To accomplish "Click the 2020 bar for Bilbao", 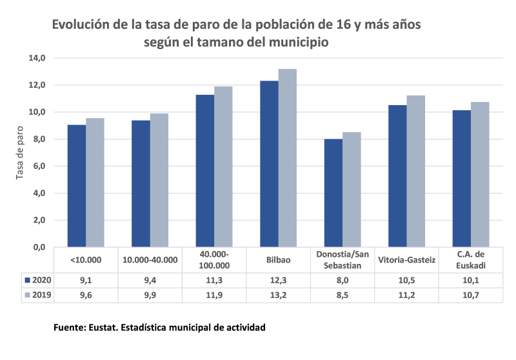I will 269,164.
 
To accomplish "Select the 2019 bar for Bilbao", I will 287,158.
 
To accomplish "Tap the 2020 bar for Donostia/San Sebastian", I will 333,193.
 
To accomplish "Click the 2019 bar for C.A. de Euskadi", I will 480,175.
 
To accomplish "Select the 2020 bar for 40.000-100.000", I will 205,171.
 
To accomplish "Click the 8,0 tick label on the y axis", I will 38,139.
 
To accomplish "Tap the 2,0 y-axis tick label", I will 38,220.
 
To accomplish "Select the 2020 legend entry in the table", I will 37,280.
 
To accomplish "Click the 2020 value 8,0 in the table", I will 342,280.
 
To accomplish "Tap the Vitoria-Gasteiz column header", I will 406,260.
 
